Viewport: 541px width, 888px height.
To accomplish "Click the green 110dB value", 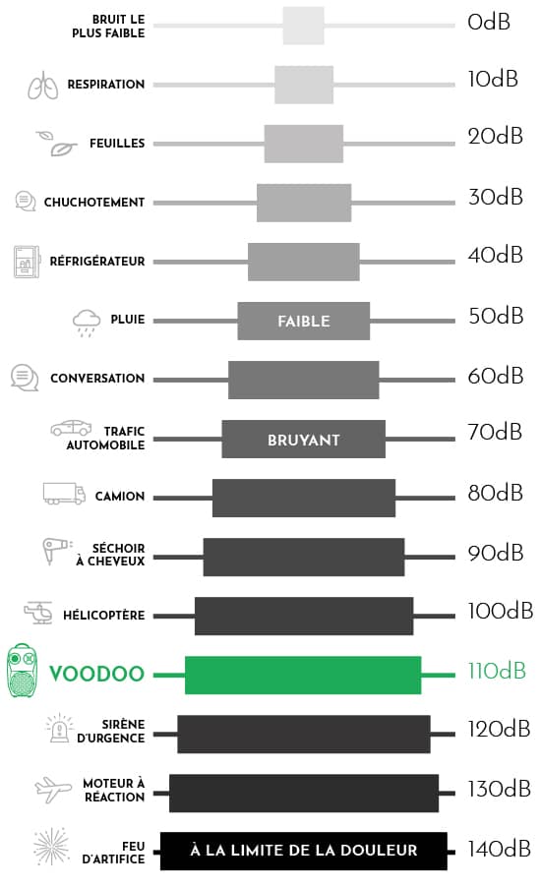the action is click(x=497, y=671).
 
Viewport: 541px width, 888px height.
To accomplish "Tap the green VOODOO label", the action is click(x=96, y=674).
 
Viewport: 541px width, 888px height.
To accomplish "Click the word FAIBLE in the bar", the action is click(x=304, y=322).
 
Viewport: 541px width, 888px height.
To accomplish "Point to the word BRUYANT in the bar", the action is click(x=304, y=440).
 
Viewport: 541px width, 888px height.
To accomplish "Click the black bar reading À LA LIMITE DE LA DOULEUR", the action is click(x=304, y=851).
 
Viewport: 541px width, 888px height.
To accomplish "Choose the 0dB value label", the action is click(x=489, y=22).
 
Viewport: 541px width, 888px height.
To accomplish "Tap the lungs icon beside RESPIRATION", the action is click(x=43, y=85).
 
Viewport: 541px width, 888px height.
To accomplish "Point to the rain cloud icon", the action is click(x=87, y=323).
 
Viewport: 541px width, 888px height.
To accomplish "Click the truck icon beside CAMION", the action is click(x=64, y=494).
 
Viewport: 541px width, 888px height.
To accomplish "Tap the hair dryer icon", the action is click(x=57, y=551).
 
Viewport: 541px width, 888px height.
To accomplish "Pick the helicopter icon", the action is click(x=38, y=613).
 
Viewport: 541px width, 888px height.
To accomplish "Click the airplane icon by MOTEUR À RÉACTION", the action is click(x=53, y=790).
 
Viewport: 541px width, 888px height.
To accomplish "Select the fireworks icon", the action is click(x=51, y=847).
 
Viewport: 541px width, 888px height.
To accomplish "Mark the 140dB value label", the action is click(x=499, y=849).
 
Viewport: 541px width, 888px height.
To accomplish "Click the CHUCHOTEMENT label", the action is click(x=94, y=203).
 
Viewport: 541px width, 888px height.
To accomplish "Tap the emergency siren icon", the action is click(x=59, y=729).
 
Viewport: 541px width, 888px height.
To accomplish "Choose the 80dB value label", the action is click(x=495, y=494).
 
